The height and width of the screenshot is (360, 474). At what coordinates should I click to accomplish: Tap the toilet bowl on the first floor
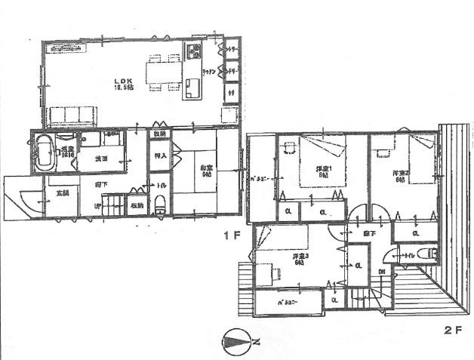point(160,203)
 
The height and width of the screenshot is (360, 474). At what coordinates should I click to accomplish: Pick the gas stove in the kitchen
point(192,53)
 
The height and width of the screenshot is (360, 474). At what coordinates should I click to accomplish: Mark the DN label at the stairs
point(383,272)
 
